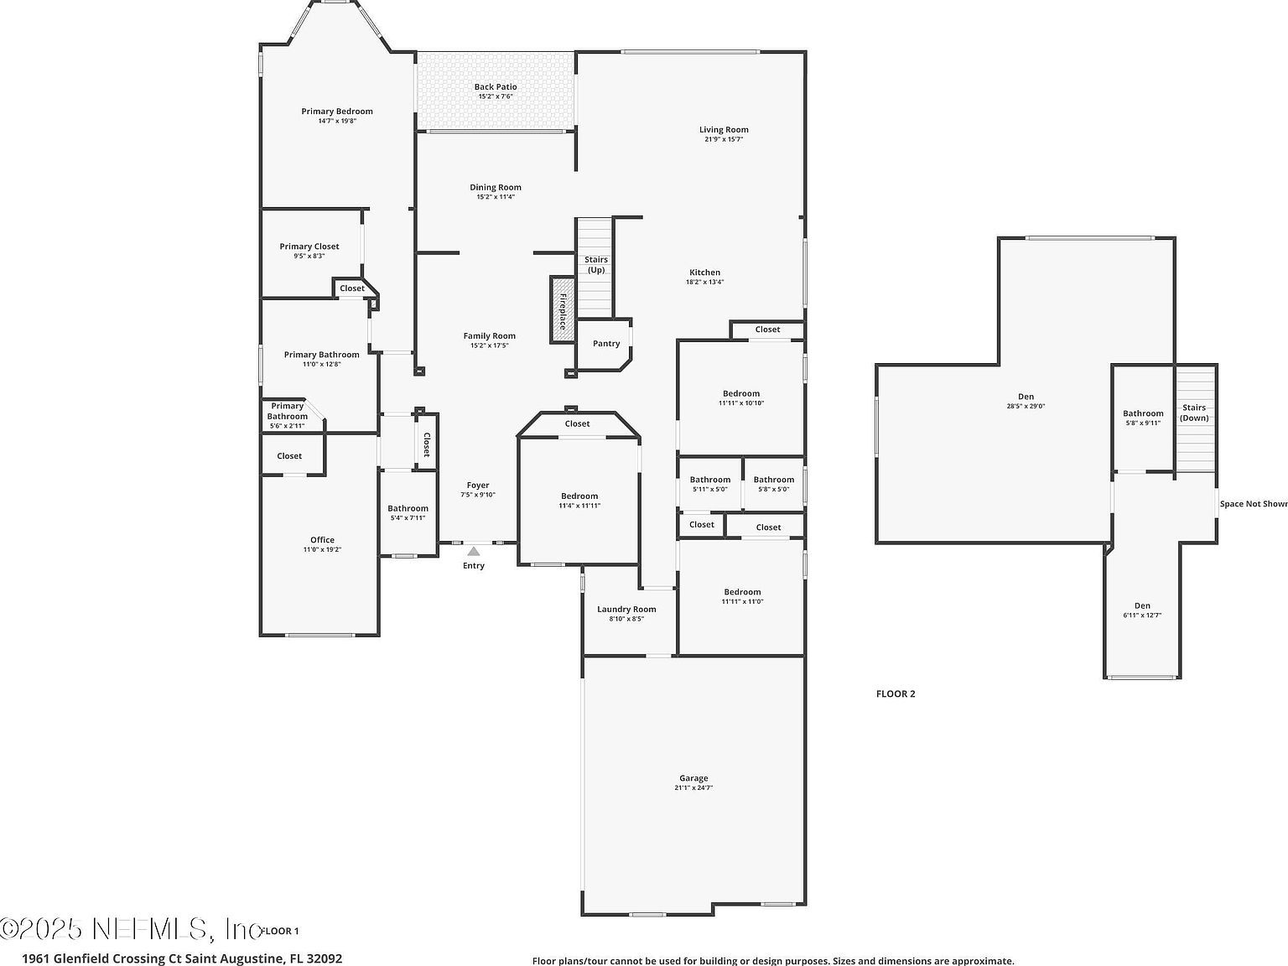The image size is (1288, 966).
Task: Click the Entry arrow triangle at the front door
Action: click(x=474, y=551)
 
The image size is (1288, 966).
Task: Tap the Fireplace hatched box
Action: click(x=562, y=309)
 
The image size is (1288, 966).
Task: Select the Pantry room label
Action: click(x=606, y=344)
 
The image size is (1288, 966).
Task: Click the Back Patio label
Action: click(x=496, y=86)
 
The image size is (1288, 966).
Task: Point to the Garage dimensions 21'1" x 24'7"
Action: click(x=693, y=788)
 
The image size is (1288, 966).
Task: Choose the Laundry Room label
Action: click(x=626, y=610)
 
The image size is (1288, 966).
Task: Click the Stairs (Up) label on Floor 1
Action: click(x=596, y=265)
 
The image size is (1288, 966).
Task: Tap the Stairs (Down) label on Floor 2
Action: click(x=1194, y=413)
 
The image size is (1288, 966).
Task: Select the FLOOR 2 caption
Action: click(x=896, y=693)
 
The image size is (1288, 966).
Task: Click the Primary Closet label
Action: click(x=309, y=247)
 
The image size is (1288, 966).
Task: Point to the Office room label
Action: click(x=322, y=540)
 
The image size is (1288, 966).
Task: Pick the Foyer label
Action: click(x=478, y=486)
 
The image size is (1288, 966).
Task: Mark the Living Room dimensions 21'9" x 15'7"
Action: click(x=724, y=139)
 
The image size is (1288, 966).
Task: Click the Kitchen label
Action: click(x=704, y=273)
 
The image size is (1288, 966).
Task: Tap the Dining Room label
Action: click(x=496, y=188)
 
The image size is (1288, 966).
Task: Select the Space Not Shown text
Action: click(x=1253, y=504)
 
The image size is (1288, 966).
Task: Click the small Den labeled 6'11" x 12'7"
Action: click(x=1142, y=610)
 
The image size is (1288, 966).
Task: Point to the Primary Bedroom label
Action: click(x=337, y=112)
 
